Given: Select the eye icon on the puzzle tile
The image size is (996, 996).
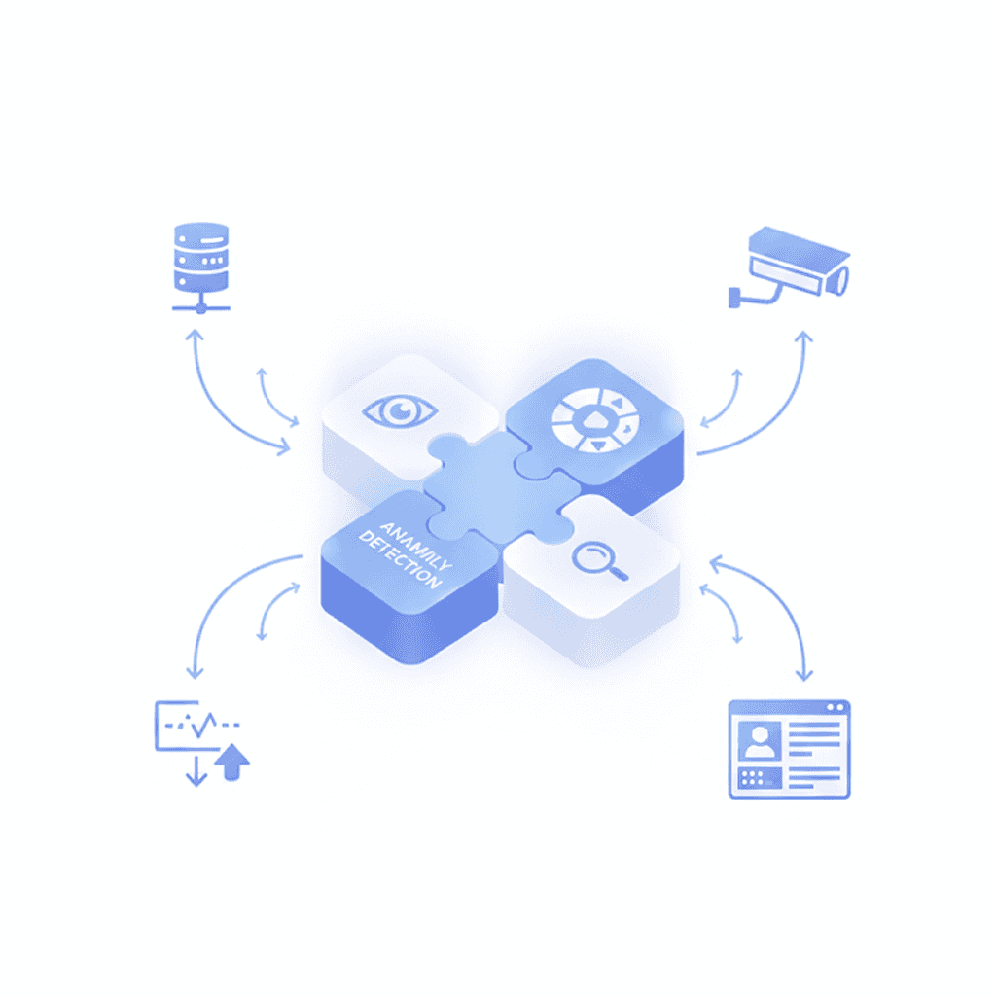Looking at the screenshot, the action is [x=399, y=410].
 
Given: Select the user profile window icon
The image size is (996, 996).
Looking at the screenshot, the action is [x=789, y=749].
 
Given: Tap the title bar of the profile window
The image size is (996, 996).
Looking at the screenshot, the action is [x=789, y=707].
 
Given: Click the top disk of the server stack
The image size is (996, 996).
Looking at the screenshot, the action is [x=200, y=234].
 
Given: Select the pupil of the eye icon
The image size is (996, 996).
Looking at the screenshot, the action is [x=400, y=410].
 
